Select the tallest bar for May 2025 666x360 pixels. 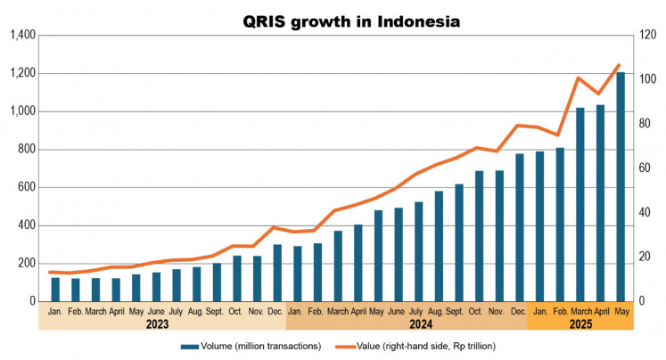(x=621, y=187)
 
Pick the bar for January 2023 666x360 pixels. (x=55, y=290)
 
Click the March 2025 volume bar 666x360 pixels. (x=580, y=205)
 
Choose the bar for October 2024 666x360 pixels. (x=479, y=236)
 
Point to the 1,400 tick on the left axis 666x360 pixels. (x=21, y=36)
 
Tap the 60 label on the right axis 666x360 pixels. (x=645, y=168)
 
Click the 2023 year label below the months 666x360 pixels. (x=157, y=324)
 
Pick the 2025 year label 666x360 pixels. (x=580, y=324)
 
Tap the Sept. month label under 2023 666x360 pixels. (x=215, y=311)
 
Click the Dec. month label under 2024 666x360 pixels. (x=519, y=311)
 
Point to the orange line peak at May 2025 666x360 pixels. (x=621, y=65)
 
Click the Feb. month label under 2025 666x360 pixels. (x=559, y=311)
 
